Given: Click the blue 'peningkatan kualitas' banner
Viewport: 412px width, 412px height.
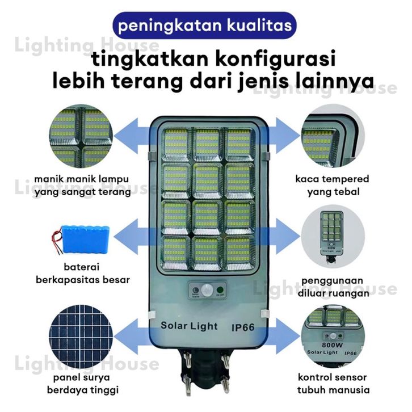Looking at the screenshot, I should pos(205,26).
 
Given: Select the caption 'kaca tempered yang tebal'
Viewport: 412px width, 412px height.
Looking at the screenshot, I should pos(333,186).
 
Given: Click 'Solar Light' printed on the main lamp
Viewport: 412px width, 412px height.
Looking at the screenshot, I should pos(189,326).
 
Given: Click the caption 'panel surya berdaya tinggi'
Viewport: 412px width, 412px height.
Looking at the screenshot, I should pos(80,383).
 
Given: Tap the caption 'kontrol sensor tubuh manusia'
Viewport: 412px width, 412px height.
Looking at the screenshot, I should pos(333,384).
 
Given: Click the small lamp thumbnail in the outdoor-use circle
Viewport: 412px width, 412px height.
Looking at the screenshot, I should pos(333,236).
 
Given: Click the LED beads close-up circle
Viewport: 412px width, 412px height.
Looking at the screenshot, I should pos(81,139).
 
